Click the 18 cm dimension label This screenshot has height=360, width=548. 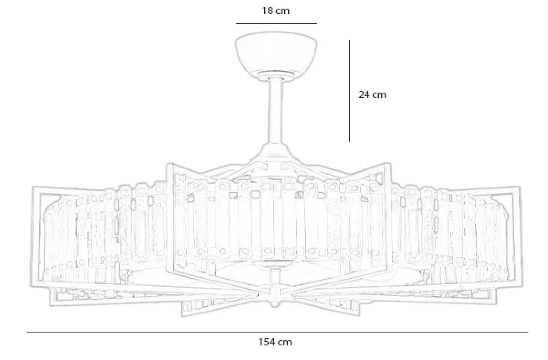point(276,11)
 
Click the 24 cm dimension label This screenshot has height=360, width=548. point(372,94)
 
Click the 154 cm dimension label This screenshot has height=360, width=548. point(275,342)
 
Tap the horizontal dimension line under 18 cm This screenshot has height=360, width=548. point(277,24)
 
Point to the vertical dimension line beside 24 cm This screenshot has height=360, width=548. point(350,91)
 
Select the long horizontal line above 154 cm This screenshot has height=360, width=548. point(277,332)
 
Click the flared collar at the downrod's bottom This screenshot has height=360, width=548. point(276,151)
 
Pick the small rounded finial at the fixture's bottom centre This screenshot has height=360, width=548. point(274,304)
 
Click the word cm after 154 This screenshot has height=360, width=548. point(285,342)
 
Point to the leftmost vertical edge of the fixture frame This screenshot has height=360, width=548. point(32,236)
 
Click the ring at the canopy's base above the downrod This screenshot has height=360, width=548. point(276,73)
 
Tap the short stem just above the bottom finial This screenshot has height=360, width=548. point(275,277)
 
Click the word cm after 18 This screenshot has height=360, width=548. point(283,11)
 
